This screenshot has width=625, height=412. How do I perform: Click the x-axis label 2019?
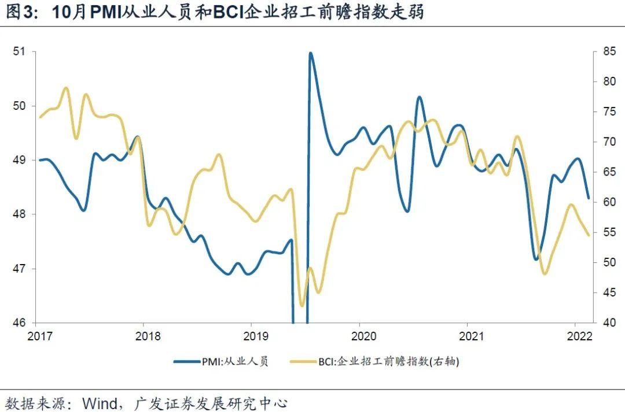(x=252, y=336)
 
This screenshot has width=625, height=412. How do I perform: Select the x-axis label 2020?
(x=360, y=336)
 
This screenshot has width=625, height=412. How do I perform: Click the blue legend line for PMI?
(x=186, y=362)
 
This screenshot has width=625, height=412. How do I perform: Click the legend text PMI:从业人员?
(x=234, y=362)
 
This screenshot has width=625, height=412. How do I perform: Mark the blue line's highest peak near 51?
(x=310, y=53)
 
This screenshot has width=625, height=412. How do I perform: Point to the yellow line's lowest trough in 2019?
(x=302, y=306)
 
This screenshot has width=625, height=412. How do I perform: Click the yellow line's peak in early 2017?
(x=65, y=88)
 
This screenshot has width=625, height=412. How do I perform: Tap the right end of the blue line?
(x=589, y=198)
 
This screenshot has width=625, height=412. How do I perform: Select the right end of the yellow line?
(x=589, y=235)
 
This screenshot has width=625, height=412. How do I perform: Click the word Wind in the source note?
(x=99, y=402)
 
